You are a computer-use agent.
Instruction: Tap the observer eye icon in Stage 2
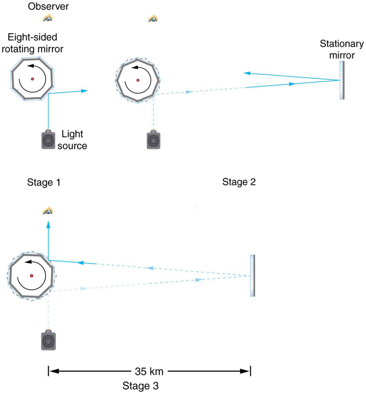pyautogui.click(x=153, y=18)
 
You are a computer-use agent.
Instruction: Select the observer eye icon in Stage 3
pyautogui.click(x=48, y=210)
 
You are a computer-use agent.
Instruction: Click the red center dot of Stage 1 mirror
pyautogui.click(x=33, y=79)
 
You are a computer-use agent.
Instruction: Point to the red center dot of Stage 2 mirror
pyautogui.click(x=138, y=80)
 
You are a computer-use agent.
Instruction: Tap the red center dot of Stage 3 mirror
pyautogui.click(x=31, y=276)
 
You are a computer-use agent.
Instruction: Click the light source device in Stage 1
pyautogui.click(x=48, y=140)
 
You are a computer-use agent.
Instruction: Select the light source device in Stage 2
pyautogui.click(x=153, y=140)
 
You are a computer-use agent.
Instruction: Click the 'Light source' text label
pyautogui.click(x=74, y=141)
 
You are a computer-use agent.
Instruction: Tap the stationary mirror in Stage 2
pyautogui.click(x=342, y=80)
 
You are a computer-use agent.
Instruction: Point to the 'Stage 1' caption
pyautogui.click(x=43, y=182)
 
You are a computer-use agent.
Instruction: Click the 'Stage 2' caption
pyautogui.click(x=239, y=182)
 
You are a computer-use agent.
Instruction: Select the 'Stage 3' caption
pyautogui.click(x=141, y=385)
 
